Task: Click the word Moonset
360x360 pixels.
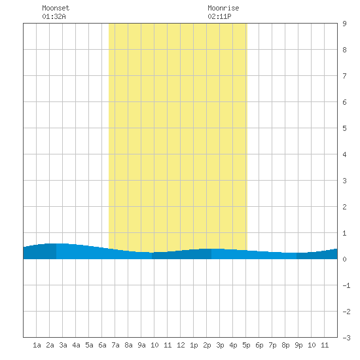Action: [56, 8]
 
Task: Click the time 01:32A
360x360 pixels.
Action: [54, 16]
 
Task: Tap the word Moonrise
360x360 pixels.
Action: [223, 8]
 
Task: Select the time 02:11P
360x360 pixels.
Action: [219, 16]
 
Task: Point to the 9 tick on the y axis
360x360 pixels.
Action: [344, 24]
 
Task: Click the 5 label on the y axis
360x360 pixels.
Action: [344, 128]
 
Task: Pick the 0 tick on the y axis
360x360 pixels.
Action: [344, 259]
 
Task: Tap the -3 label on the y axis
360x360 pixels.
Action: [346, 338]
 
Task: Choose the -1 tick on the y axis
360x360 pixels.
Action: [346, 285]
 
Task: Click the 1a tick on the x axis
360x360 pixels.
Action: [37, 345]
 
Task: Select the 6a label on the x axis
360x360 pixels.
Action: [102, 345]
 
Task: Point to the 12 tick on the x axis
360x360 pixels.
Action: [181, 345]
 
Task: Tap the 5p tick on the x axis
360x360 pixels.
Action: [246, 345]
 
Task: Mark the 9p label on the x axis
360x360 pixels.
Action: [298, 345]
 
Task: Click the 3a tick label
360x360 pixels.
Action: [63, 345]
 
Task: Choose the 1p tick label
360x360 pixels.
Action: [194, 345]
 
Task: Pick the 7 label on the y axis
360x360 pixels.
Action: [344, 76]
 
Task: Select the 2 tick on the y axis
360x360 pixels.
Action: [344, 207]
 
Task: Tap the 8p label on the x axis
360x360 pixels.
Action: [285, 345]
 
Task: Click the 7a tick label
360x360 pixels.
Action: [115, 345]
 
